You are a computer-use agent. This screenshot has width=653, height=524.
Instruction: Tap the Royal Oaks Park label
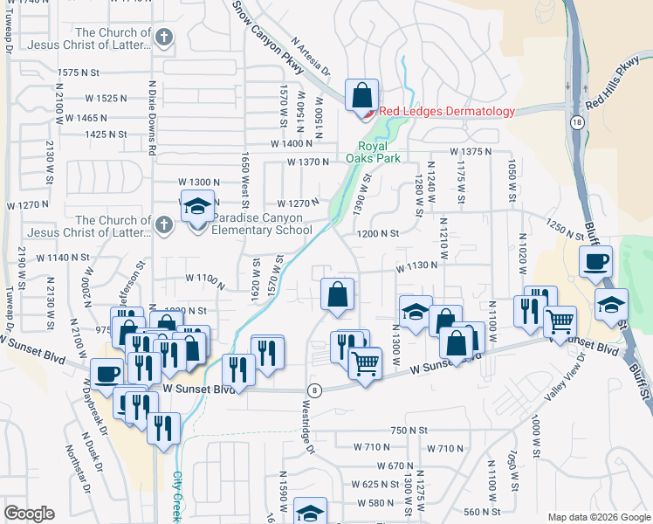click(x=379, y=152)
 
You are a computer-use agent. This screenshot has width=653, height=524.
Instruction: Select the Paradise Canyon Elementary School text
click(x=262, y=224)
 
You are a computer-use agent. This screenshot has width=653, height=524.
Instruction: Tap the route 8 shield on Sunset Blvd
click(x=314, y=390)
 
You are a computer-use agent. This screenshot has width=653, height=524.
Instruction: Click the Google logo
click(x=29, y=514)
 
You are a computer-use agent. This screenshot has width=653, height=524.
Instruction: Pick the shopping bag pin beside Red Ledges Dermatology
click(x=361, y=94)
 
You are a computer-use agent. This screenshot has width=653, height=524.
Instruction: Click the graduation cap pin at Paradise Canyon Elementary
click(x=197, y=208)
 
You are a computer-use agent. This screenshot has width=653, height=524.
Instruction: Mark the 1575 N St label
click(x=80, y=72)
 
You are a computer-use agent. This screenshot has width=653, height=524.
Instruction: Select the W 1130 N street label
click(x=416, y=265)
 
